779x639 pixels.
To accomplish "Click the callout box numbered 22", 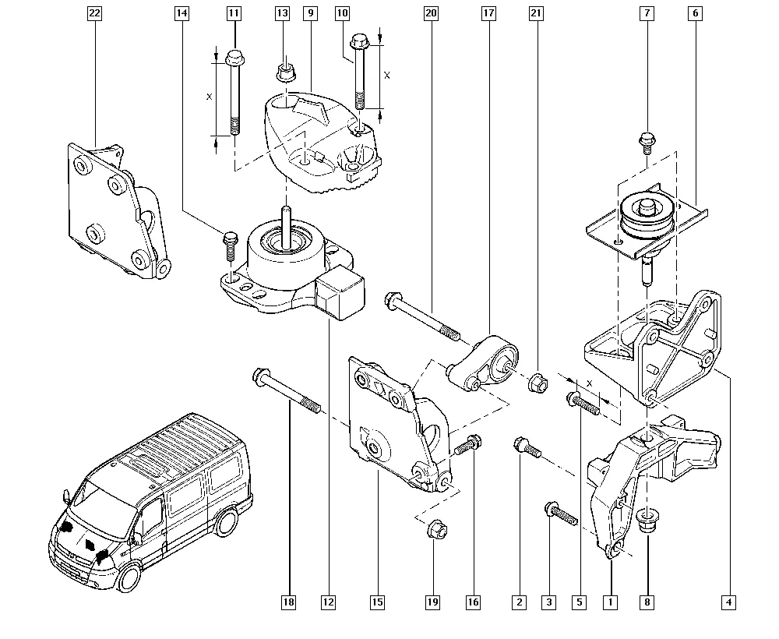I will click(94, 13).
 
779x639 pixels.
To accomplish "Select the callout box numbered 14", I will click(182, 13).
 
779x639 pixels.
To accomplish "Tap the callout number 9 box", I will click(311, 13).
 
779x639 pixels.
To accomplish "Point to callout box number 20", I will click(432, 13).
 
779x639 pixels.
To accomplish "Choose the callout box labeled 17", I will click(488, 13).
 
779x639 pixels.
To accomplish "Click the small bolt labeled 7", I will click(647, 141).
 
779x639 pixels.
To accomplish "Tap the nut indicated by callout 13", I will click(284, 73).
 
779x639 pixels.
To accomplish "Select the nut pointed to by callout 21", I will click(538, 383).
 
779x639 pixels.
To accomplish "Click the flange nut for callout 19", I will click(435, 531).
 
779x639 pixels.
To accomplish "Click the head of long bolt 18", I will click(261, 380).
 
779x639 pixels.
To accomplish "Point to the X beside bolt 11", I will click(208, 97).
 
